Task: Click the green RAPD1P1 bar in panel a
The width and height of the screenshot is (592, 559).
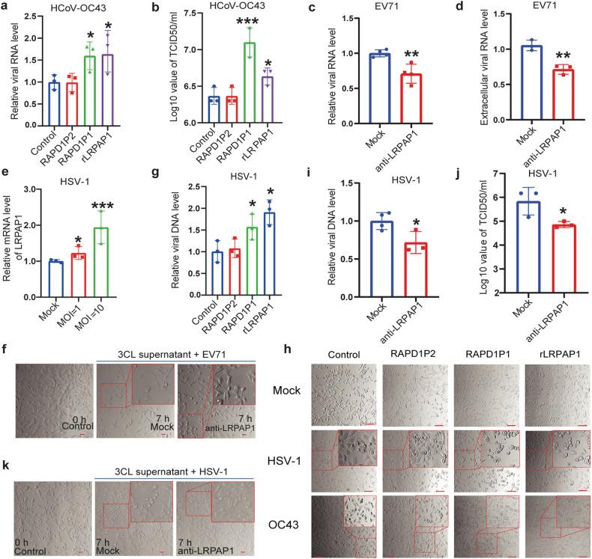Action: (89, 89)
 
